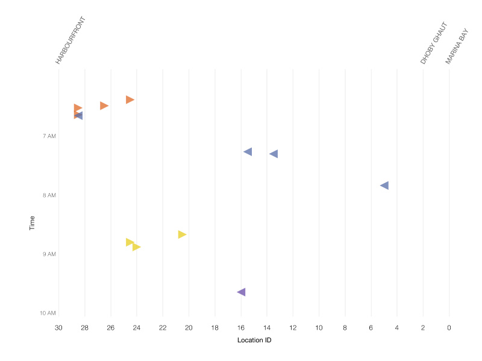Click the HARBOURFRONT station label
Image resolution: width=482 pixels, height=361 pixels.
pyautogui.click(x=71, y=41)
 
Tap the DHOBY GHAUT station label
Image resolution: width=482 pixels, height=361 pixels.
pyautogui.click(x=434, y=43)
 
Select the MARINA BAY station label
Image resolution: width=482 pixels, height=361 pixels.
pyautogui.click(x=457, y=45)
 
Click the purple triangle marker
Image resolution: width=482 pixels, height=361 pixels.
pyautogui.click(x=241, y=292)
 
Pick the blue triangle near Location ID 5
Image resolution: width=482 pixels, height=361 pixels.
pyautogui.click(x=384, y=185)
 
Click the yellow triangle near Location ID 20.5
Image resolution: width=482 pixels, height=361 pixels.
pyautogui.click(x=182, y=234)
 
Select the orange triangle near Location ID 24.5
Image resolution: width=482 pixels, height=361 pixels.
pyautogui.click(x=130, y=99)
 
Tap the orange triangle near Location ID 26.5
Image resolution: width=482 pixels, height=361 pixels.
pyautogui.click(x=104, y=105)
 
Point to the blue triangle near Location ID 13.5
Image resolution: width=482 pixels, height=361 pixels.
pyautogui.click(x=274, y=154)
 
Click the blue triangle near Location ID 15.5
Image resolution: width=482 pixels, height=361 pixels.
pyautogui.click(x=248, y=151)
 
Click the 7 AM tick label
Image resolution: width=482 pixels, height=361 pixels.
pyautogui.click(x=49, y=136)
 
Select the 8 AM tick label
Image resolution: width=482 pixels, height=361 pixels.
pyautogui.click(x=49, y=195)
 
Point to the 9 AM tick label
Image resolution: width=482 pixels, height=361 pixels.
pyautogui.click(x=49, y=254)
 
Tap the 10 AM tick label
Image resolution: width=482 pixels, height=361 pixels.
pyautogui.click(x=48, y=313)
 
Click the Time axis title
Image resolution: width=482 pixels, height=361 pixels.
pyautogui.click(x=32, y=224)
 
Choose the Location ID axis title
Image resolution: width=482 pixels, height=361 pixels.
pyautogui.click(x=254, y=341)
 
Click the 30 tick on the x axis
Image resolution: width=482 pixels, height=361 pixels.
pyautogui.click(x=58, y=328)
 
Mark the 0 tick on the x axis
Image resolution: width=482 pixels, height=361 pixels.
pyautogui.click(x=449, y=328)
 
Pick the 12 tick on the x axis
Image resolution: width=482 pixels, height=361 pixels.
pyautogui.click(x=293, y=328)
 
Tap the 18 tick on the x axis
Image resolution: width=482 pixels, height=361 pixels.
pyautogui.click(x=214, y=328)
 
